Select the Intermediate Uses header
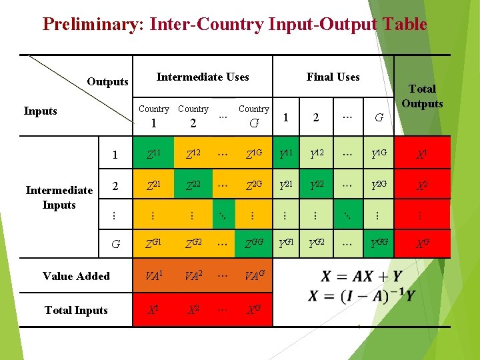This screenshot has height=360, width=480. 203,77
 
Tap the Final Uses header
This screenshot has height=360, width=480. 333,77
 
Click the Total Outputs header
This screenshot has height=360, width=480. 422,96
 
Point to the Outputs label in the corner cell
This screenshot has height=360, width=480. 107,82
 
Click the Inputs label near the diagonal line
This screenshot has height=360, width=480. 40,111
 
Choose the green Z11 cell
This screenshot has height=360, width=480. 154,155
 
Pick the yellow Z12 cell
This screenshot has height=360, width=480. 193,155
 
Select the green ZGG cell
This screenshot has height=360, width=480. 253,244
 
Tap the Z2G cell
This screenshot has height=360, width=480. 253,185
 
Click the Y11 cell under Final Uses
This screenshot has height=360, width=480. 286,155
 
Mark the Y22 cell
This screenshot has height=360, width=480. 316,185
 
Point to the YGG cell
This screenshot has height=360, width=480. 379,244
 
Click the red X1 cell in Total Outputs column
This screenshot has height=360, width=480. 422,155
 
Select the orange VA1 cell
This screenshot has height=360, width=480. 154,275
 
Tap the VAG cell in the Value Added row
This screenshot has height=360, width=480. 253,275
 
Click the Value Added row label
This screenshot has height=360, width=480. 76,276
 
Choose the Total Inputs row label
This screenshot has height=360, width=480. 76,310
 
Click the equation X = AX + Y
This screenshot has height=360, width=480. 361,276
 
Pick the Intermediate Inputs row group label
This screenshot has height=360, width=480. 59,197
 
